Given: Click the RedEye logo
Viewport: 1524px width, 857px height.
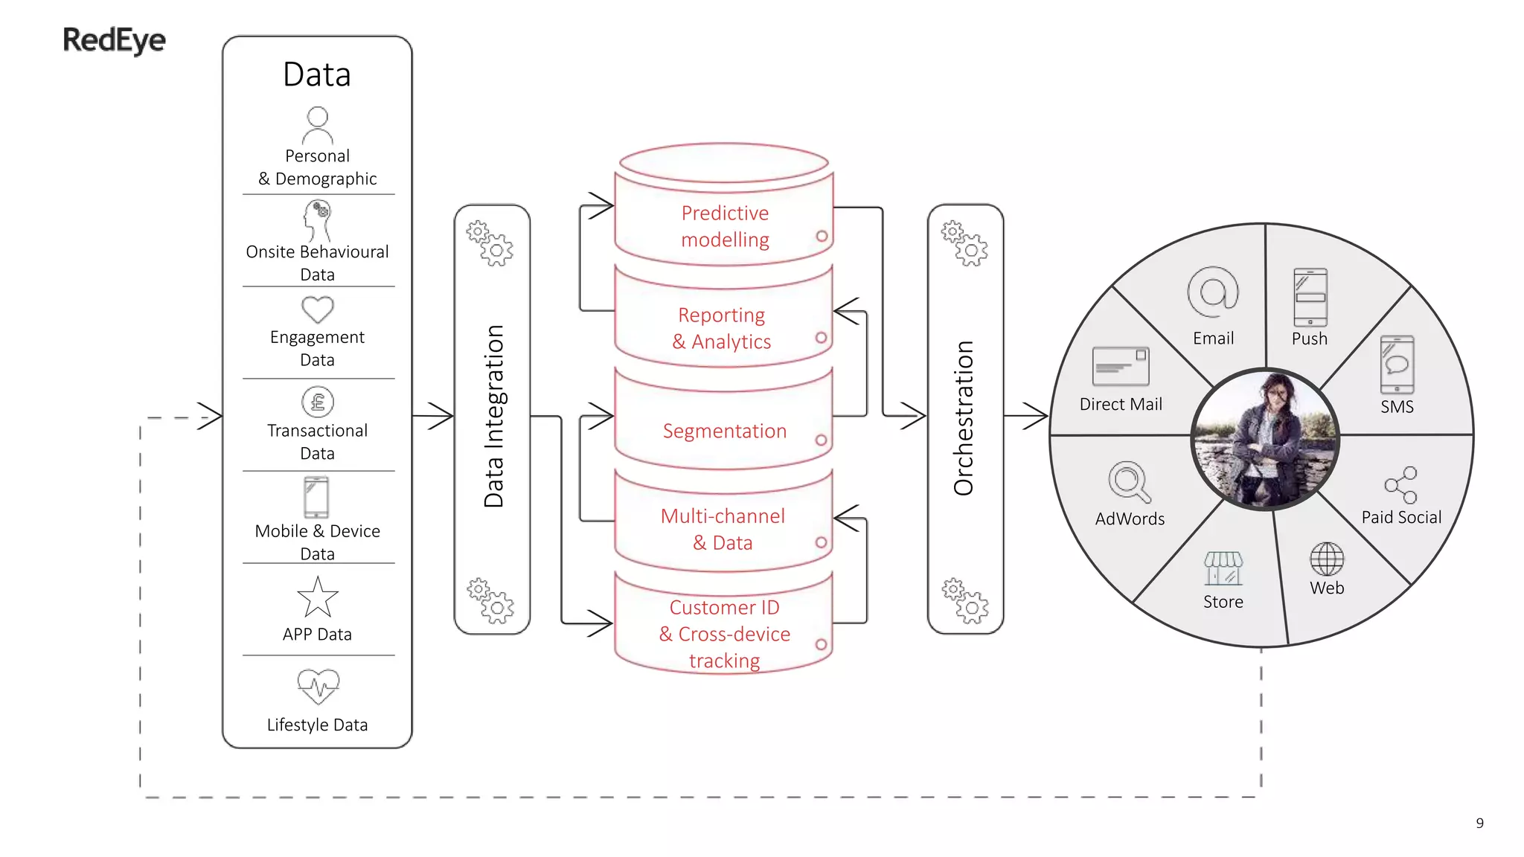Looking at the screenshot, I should point(114,40).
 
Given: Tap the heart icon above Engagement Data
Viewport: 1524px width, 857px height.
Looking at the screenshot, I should point(318,309).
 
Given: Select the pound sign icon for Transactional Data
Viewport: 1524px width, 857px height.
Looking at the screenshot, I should point(318,402).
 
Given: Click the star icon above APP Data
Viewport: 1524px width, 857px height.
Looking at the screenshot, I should point(318,598).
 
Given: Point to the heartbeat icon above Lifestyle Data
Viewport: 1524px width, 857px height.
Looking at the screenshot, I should point(318,686).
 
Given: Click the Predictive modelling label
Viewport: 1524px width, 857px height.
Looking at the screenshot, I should point(725,226).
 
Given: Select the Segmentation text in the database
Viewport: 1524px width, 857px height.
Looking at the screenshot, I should point(724,431).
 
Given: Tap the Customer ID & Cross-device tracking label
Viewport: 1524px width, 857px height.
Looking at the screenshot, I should point(724,633).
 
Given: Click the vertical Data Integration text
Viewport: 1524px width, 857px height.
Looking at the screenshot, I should point(493,417).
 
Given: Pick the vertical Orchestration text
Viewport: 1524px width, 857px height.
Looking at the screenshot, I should point(964,418).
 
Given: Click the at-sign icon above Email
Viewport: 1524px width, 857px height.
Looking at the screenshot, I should point(1213,292).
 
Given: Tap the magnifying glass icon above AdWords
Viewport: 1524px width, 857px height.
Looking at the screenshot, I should point(1129,482).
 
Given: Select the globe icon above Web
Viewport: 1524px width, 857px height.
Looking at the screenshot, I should point(1327,559).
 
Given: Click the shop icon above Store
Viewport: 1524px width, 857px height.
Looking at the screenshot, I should point(1223,569).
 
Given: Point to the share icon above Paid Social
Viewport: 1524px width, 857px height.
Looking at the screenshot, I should point(1400,486).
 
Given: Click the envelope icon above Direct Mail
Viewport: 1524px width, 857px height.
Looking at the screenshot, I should point(1121,366).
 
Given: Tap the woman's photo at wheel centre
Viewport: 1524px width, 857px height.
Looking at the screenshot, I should point(1265,439).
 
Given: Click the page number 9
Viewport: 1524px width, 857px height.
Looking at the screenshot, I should point(1479,823).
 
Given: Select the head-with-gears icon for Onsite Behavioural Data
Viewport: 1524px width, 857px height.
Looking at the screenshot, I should point(318,219).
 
